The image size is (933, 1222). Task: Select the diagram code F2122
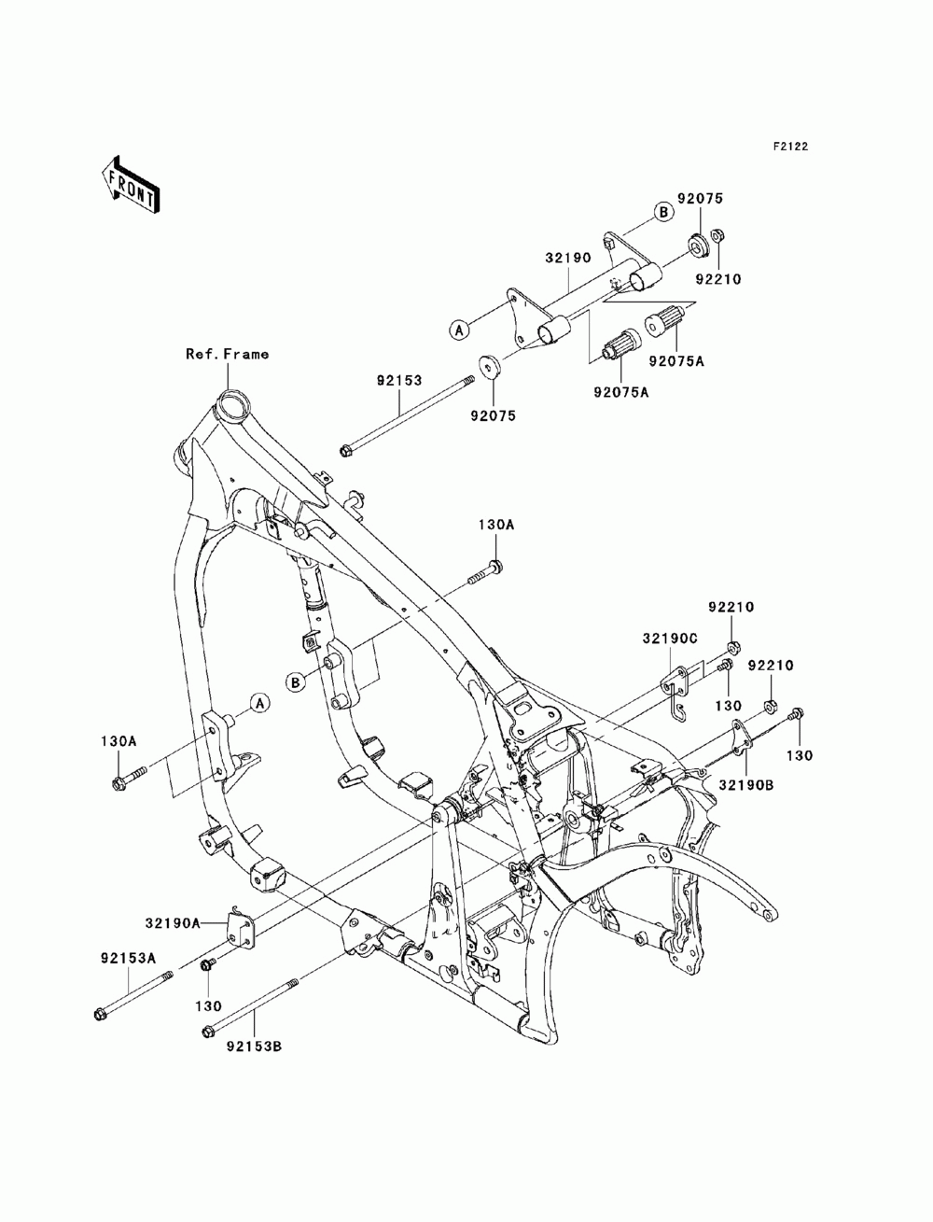[790, 147]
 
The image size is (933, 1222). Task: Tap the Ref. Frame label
[227, 354]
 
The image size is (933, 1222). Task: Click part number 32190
[568, 258]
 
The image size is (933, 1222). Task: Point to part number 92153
[399, 381]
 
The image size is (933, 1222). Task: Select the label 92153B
[255, 1046]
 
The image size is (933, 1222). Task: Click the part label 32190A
[173, 923]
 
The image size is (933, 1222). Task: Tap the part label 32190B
[746, 785]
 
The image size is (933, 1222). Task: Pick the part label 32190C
[670, 639]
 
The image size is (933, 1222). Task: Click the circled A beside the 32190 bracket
[460, 330]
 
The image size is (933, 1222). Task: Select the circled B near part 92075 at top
[662, 212]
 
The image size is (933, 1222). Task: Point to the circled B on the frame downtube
[297, 682]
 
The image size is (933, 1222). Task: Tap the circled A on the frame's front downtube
[259, 703]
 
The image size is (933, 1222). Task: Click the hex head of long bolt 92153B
[207, 1032]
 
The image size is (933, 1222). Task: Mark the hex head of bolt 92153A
[100, 1015]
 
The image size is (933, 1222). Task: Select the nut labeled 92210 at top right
[717, 235]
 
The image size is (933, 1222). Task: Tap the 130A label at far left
[118, 741]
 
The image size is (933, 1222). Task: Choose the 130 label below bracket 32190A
[208, 1006]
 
